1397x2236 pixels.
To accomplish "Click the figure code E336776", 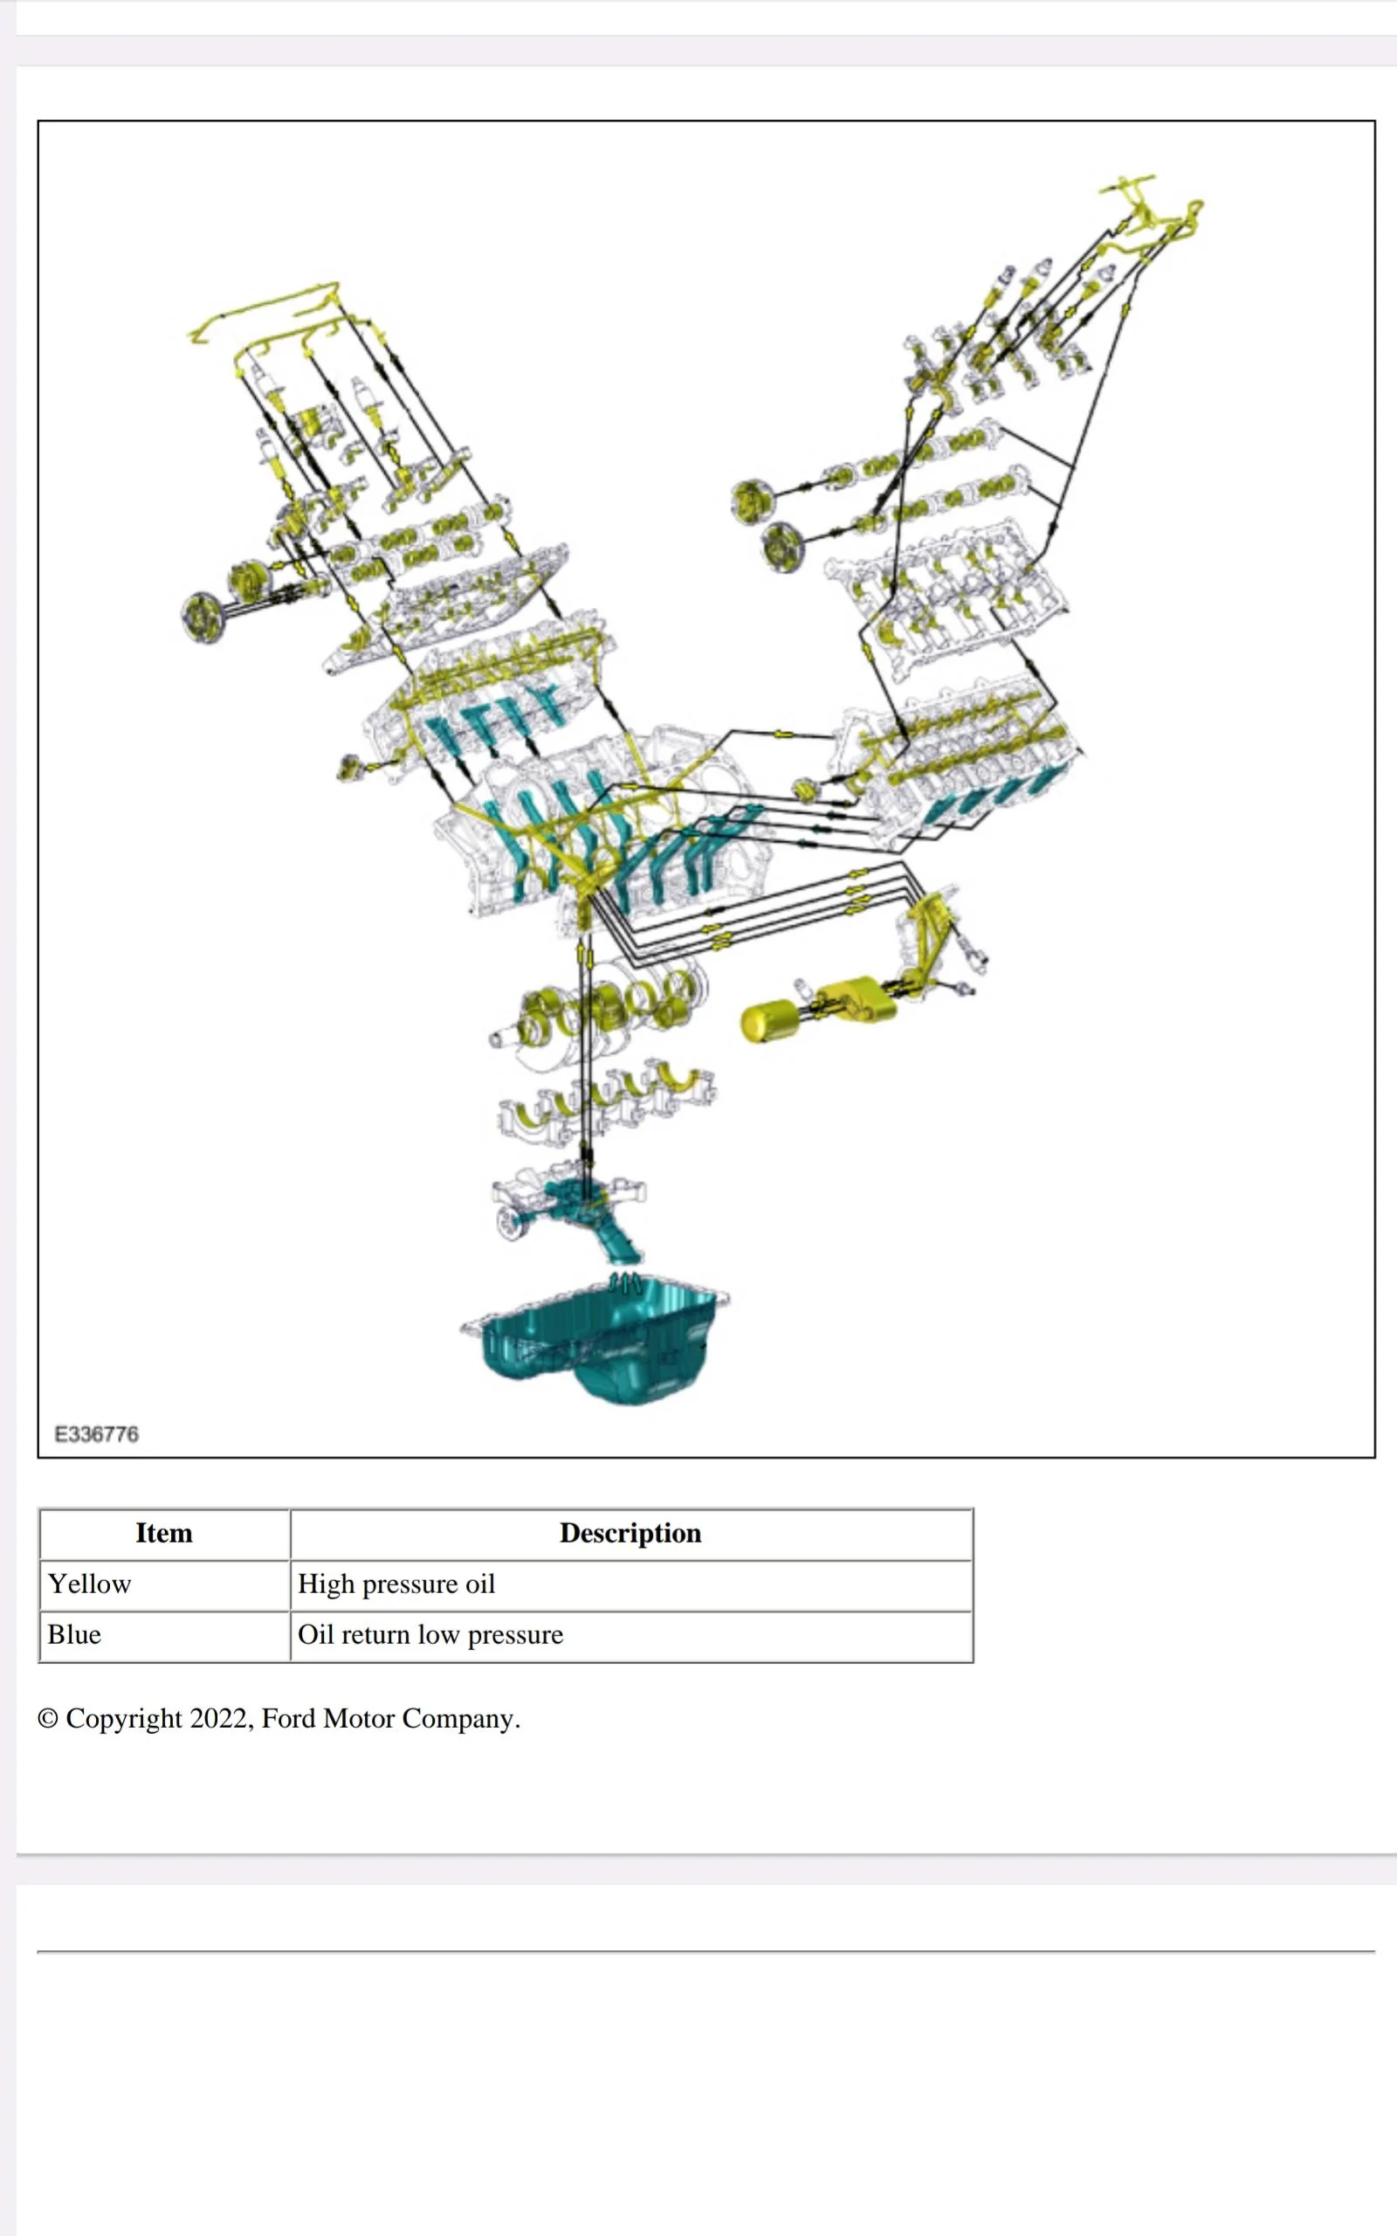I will click(x=96, y=1434).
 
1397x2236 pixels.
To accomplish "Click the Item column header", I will click(x=163, y=1533).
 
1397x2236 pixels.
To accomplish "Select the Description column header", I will click(x=630, y=1533).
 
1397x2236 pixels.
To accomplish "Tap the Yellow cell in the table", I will click(x=90, y=1584).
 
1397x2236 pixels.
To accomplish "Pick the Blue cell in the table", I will click(x=74, y=1634).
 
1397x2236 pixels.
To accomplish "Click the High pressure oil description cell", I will click(x=396, y=1584).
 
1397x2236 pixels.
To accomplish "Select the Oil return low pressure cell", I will click(x=430, y=1634).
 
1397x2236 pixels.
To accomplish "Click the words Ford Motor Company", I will click(x=390, y=1719).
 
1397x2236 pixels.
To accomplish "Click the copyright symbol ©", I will click(x=48, y=1720).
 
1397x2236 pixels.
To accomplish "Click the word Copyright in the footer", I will click(x=124, y=1719).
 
